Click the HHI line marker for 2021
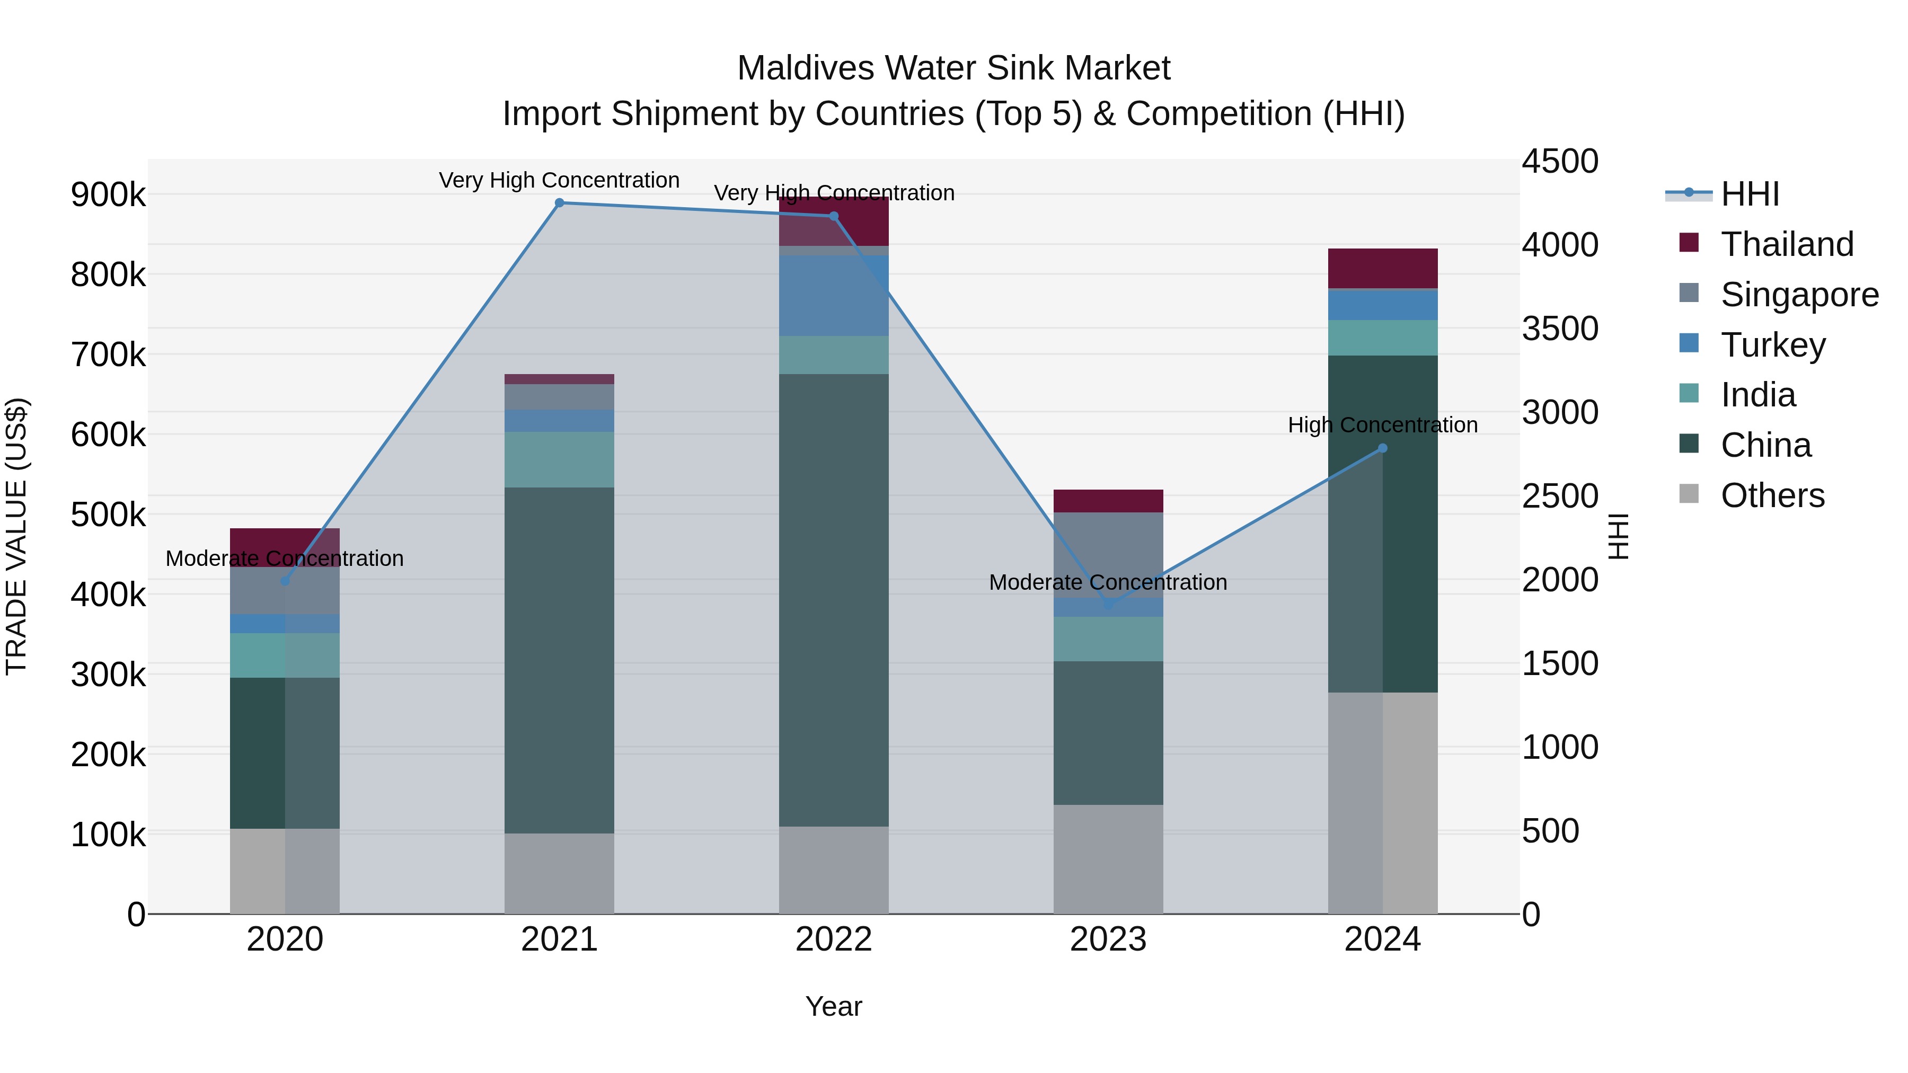click(559, 203)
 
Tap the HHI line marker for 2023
click(1108, 605)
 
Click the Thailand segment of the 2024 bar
click(1382, 268)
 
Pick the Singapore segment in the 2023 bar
click(1108, 555)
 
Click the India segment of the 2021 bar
click(559, 459)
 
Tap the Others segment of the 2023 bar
click(1108, 859)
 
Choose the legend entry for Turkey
click(1772, 345)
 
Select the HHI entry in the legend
click(1749, 194)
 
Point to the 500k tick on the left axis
click(108, 515)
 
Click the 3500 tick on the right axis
click(1560, 329)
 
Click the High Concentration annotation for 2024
click(1382, 425)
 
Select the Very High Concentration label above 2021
click(559, 180)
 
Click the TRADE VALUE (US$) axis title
click(17, 536)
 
